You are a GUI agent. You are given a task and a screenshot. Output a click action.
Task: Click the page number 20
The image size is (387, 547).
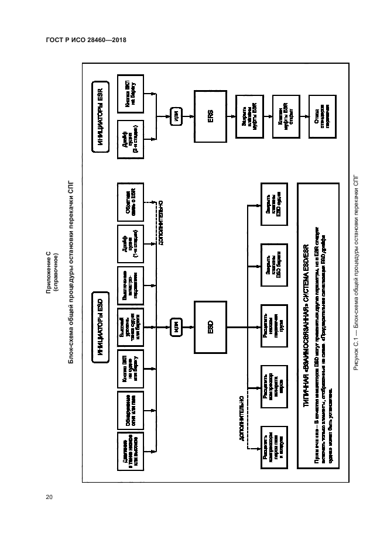[49, 497]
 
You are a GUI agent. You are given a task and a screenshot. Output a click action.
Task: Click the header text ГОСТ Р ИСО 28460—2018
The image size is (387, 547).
[86, 40]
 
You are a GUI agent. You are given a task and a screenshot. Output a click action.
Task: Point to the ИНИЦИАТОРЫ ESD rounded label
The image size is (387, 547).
[100, 328]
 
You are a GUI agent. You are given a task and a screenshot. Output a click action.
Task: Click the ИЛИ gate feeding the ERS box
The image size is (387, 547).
[176, 116]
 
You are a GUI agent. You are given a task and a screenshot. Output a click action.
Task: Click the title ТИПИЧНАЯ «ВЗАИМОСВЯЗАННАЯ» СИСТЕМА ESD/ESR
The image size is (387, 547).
[306, 328]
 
